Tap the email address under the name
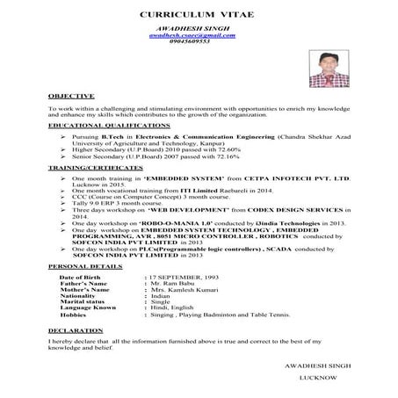[x=192, y=35]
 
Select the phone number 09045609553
[x=192, y=41]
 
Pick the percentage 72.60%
[x=226, y=150]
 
